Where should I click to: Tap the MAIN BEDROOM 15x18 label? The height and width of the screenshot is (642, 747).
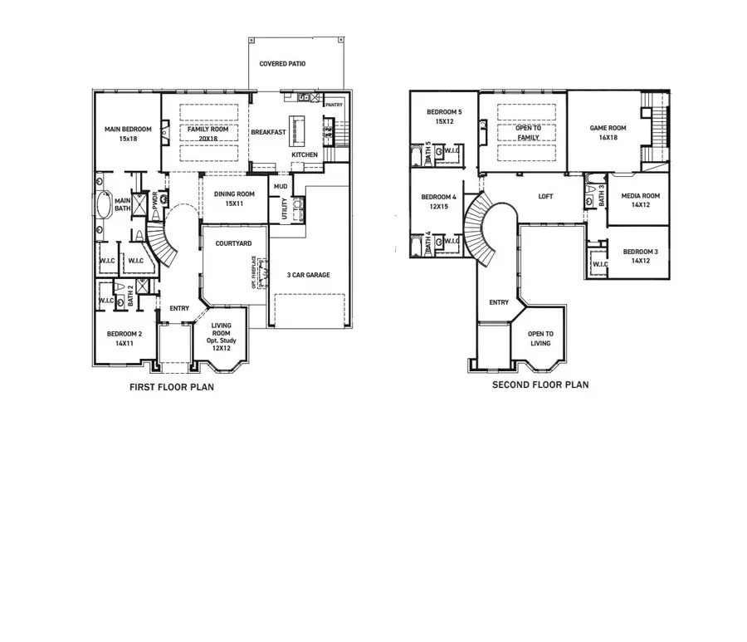pos(127,134)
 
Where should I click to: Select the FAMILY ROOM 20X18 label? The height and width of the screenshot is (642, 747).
pos(207,134)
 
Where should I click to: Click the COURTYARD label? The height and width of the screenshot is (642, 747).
pos(233,243)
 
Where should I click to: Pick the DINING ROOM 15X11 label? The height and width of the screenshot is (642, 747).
pos(233,198)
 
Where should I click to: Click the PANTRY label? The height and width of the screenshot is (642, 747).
pos(334,105)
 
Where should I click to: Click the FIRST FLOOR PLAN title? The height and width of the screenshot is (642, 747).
pos(171,386)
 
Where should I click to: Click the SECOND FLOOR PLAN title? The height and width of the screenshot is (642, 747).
pos(540,385)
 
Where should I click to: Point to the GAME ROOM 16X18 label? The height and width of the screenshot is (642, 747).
pos(608,133)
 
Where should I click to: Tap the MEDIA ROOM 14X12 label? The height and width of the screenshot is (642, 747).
pos(640,199)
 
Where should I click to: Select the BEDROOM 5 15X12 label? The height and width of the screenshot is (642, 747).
pos(444,116)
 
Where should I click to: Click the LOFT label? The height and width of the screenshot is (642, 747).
pos(545,197)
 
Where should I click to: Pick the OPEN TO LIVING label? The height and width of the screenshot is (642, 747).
pos(540,338)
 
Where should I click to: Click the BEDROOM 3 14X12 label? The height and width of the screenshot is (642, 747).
pos(640,256)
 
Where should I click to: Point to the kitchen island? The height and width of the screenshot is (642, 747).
pos(300,130)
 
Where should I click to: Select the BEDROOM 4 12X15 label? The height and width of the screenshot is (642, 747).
pos(438,201)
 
